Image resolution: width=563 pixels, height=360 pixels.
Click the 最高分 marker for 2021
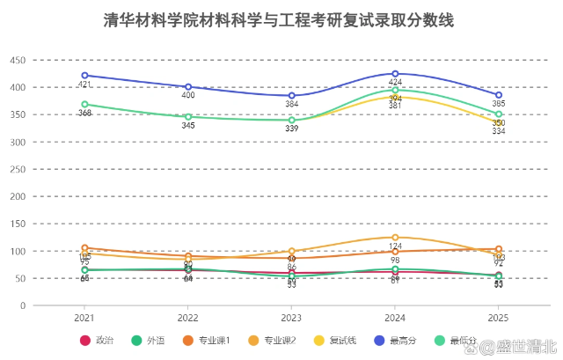84,76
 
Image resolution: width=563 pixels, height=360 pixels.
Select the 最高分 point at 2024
395,74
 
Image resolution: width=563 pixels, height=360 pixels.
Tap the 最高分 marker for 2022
188,87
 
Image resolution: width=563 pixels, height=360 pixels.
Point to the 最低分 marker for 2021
84,105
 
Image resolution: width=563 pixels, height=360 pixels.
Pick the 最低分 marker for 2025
499,114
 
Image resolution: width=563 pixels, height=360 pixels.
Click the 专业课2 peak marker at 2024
395,238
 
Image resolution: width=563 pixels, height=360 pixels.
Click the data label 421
84,84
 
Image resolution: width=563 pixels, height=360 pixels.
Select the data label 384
292,105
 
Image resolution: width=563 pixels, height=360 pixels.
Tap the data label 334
499,132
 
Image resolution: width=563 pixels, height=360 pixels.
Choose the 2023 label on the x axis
292,317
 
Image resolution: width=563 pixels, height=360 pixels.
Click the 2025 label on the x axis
499,317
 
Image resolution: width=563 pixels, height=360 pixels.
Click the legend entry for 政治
98,341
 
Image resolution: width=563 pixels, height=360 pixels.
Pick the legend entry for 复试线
335,341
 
